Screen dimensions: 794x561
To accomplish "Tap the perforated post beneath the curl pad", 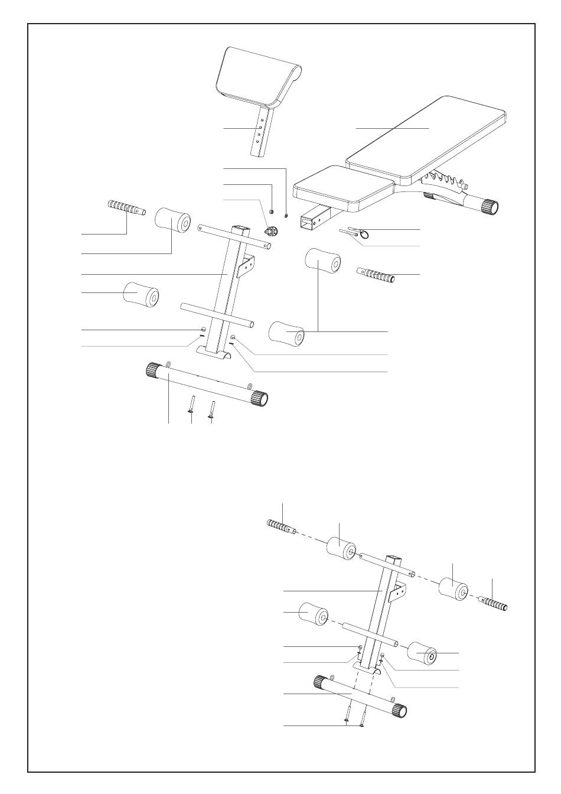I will [261, 133].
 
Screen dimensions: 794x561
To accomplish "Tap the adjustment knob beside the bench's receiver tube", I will [272, 230].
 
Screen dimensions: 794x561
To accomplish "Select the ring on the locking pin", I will [365, 234].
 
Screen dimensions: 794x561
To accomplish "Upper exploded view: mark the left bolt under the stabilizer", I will [191, 407].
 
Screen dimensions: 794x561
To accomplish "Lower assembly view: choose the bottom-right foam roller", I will [423, 653].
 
